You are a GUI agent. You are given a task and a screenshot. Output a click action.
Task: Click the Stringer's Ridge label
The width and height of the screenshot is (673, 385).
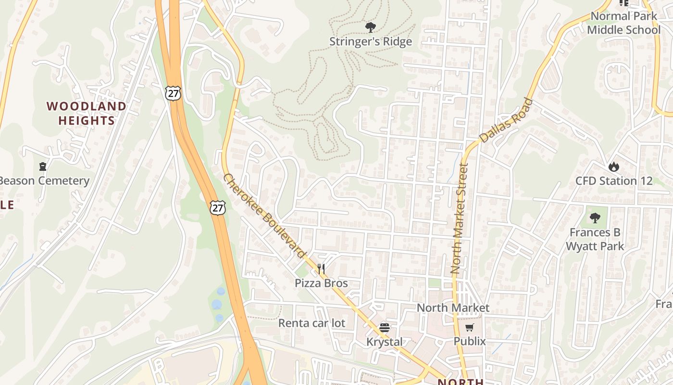tap(370, 42)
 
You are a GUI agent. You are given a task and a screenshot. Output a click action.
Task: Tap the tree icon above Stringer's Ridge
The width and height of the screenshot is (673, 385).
tap(370, 27)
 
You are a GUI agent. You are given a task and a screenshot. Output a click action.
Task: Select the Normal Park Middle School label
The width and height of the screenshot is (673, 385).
tap(623, 23)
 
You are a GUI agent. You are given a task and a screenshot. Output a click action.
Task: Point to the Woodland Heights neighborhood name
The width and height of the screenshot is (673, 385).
tap(87, 113)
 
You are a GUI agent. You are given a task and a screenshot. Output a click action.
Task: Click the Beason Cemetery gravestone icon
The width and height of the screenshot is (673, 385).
tap(43, 167)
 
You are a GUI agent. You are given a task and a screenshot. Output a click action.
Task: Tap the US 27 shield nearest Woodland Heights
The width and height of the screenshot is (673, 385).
tap(173, 93)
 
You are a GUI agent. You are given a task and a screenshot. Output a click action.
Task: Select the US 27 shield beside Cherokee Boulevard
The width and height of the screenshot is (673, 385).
tap(218, 207)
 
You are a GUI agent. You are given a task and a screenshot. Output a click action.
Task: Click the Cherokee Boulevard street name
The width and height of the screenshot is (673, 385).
tap(265, 216)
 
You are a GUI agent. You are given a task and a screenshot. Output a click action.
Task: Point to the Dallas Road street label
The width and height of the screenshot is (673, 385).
tap(507, 120)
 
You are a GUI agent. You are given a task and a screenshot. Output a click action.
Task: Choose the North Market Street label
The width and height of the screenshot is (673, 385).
tap(459, 219)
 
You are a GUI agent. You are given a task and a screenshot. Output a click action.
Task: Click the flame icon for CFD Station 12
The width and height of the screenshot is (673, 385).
tap(613, 167)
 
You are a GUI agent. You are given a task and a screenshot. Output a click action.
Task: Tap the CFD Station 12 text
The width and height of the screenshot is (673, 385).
tap(614, 181)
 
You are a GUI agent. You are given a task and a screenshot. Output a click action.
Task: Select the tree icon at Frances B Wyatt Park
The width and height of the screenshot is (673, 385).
tap(595, 218)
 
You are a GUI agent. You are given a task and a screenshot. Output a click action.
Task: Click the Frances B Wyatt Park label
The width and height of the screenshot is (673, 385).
tap(595, 239)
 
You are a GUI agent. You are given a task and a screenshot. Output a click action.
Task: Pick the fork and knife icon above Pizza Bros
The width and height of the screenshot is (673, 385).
tap(321, 269)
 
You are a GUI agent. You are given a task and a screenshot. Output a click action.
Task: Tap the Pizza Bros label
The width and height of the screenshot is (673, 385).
tap(321, 283)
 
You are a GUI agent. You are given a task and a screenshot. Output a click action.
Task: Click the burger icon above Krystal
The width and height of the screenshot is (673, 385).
tap(384, 328)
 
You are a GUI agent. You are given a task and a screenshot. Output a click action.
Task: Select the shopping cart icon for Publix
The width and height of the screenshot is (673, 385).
tap(469, 328)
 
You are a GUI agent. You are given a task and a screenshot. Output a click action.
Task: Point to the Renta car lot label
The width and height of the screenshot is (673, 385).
tap(312, 323)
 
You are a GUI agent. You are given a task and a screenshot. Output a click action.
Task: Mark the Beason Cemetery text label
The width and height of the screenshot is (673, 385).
tap(44, 181)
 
